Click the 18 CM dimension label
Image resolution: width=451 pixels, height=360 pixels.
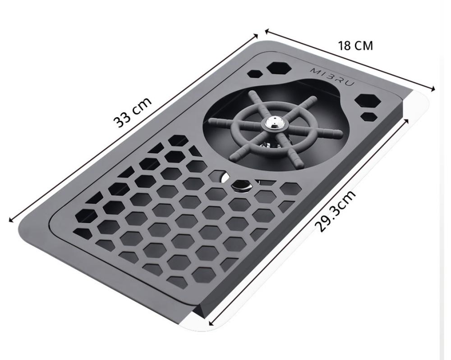(355, 46)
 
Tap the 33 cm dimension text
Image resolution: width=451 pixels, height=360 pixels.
(132, 112)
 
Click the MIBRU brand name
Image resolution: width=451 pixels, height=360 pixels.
(332, 77)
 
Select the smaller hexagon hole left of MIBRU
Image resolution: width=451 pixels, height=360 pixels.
(254, 73)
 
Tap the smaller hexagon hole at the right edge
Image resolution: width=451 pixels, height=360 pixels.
(369, 116)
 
